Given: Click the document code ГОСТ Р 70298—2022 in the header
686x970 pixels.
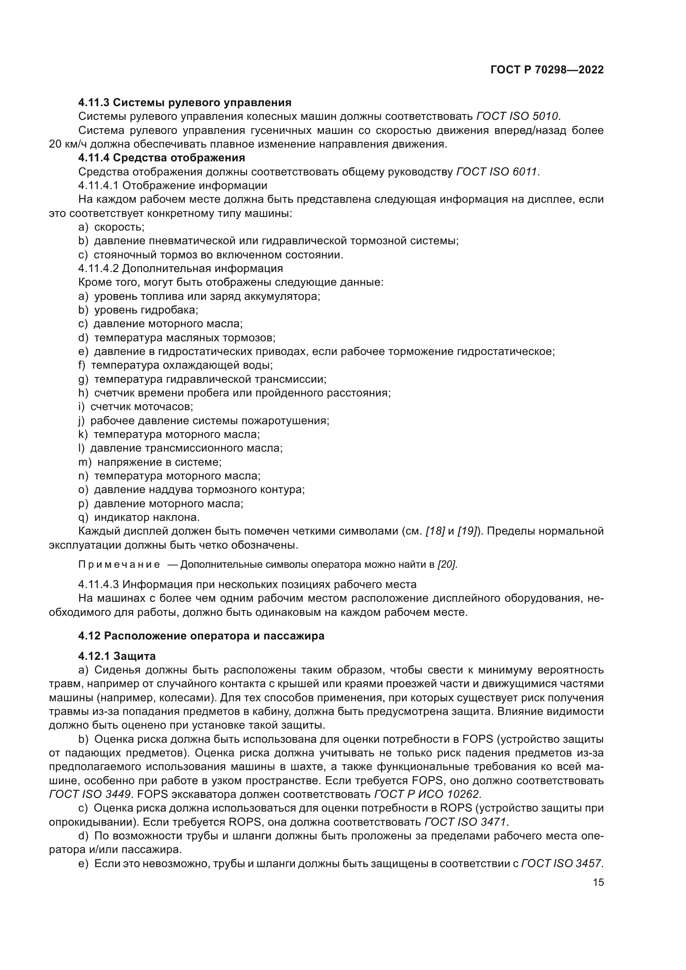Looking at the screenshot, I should point(547,70).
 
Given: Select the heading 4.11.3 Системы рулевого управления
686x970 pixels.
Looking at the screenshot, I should point(185,102).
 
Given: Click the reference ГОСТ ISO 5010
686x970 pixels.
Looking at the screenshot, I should point(517,116).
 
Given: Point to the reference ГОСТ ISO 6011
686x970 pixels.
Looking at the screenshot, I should point(497,172).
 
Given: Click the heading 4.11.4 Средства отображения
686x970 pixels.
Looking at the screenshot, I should point(161,158).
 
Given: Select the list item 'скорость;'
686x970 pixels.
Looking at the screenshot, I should point(119,227).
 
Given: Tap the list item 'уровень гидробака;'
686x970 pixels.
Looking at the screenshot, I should point(146,310).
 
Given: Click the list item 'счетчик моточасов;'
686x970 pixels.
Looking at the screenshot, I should point(141,407).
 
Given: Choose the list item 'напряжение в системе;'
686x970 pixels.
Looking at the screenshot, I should point(159,462).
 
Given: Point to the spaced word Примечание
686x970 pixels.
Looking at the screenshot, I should point(119,565).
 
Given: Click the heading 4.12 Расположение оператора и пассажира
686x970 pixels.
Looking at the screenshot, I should point(201,636).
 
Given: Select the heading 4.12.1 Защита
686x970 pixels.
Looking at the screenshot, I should point(117,656).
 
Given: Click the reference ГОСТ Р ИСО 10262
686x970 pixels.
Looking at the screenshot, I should point(428,794).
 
